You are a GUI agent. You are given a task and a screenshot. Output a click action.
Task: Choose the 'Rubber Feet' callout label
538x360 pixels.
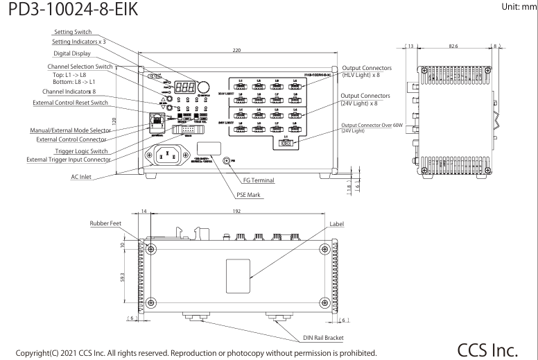pyautogui.click(x=107, y=223)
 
